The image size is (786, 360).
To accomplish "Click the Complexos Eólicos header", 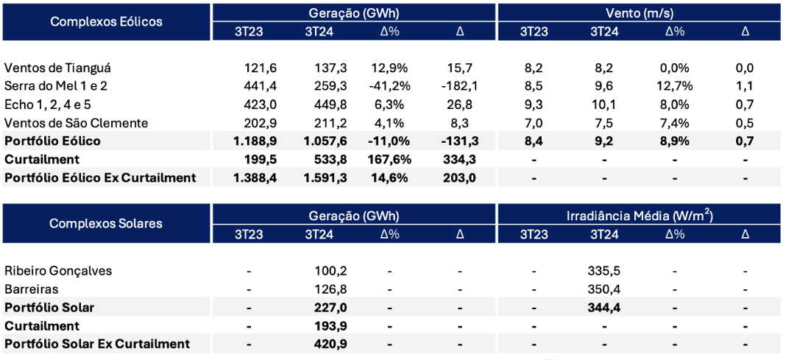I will pos(106,21).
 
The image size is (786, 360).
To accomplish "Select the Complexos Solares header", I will pos(106,224).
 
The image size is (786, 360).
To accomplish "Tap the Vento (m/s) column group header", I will pos(639,13).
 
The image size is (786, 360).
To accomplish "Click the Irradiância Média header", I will pos(639,215).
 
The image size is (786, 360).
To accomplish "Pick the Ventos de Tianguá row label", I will pos(57,68).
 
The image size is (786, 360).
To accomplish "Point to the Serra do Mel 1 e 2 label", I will pos(56,86).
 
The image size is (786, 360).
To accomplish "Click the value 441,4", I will pos(261,86).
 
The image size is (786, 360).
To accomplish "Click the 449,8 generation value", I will pos(322,105).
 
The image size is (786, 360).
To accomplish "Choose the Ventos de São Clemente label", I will pos(77,123).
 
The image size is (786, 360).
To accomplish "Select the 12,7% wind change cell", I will pos(674,86).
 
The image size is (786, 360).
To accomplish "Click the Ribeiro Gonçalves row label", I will pos(58,270).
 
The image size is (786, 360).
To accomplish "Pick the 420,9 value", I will pos(322,344).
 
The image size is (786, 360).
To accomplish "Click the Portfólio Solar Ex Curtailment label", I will pos(97,344).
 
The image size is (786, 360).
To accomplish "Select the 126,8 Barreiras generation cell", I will pos(322,289).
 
